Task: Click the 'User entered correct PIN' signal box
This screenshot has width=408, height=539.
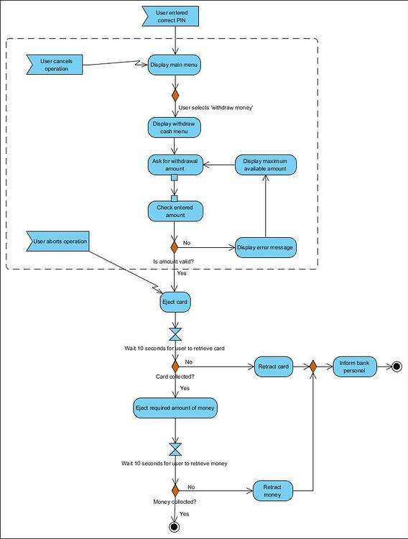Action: pyautogui.click(x=171, y=16)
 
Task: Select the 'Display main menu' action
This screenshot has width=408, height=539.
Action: pyautogui.click(x=175, y=65)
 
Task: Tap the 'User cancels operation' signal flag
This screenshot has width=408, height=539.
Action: pyautogui.click(x=55, y=65)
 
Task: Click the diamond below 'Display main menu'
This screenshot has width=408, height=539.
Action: pyautogui.click(x=175, y=95)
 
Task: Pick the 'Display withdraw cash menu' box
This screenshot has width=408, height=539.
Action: pyautogui.click(x=175, y=127)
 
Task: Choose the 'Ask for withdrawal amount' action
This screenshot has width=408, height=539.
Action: pyautogui.click(x=175, y=165)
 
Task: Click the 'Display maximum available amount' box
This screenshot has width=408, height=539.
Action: pyautogui.click(x=266, y=165)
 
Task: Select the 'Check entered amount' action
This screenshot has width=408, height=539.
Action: pyautogui.click(x=175, y=211)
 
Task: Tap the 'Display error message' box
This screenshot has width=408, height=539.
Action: pyautogui.click(x=266, y=247)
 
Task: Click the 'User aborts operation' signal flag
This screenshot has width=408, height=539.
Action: pyautogui.click(x=58, y=241)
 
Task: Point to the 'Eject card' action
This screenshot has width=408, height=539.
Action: pyautogui.click(x=175, y=302)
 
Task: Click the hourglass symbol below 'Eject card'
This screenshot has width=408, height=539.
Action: pyautogui.click(x=175, y=334)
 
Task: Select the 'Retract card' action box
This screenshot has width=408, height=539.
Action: pyautogui.click(x=273, y=367)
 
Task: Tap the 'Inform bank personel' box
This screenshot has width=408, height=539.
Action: pyautogui.click(x=355, y=367)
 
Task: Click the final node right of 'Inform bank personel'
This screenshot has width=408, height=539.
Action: pyautogui.click(x=397, y=367)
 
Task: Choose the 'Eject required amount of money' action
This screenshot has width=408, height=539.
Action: pyautogui.click(x=175, y=408)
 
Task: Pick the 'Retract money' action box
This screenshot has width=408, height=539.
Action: pyautogui.click(x=273, y=491)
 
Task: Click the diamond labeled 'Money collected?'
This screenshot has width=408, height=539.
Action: pyautogui.click(x=175, y=491)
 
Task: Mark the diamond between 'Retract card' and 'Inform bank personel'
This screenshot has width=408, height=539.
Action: pyautogui.click(x=312, y=367)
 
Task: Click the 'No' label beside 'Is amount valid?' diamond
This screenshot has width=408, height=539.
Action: pyautogui.click(x=187, y=243)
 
